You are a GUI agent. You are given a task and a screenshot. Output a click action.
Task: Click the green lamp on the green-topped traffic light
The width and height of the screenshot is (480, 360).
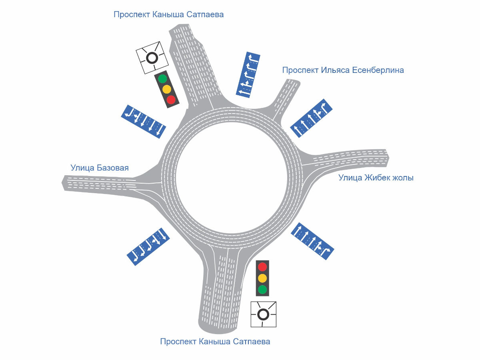162,78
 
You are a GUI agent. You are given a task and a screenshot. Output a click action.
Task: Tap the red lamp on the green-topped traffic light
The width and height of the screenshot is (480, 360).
171,99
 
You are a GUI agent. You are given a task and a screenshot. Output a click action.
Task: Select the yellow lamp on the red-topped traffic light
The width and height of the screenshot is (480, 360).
262,278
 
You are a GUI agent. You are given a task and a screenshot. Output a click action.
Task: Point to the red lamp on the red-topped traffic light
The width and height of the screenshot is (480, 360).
262,267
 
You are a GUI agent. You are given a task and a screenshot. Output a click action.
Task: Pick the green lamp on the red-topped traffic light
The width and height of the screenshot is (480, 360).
262,289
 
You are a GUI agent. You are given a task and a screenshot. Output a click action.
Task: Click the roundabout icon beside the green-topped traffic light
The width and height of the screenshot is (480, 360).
151,58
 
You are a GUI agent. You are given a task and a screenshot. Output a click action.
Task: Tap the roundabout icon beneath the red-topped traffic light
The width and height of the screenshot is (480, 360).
263,314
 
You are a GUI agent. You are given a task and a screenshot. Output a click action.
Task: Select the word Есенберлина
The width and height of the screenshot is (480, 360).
378,70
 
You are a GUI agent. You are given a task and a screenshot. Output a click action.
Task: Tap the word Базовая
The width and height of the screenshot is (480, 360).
112,168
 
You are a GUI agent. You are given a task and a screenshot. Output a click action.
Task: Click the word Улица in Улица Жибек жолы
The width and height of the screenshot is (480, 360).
350,178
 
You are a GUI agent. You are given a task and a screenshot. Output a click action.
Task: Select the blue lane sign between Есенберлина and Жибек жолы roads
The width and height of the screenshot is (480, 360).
311,118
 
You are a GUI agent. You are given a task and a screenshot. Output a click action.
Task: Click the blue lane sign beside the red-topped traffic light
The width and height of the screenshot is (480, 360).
312,241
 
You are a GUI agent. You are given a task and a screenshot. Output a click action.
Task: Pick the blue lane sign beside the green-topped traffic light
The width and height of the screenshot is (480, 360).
143,122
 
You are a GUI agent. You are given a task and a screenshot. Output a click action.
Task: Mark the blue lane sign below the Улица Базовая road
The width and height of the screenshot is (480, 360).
148,246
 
